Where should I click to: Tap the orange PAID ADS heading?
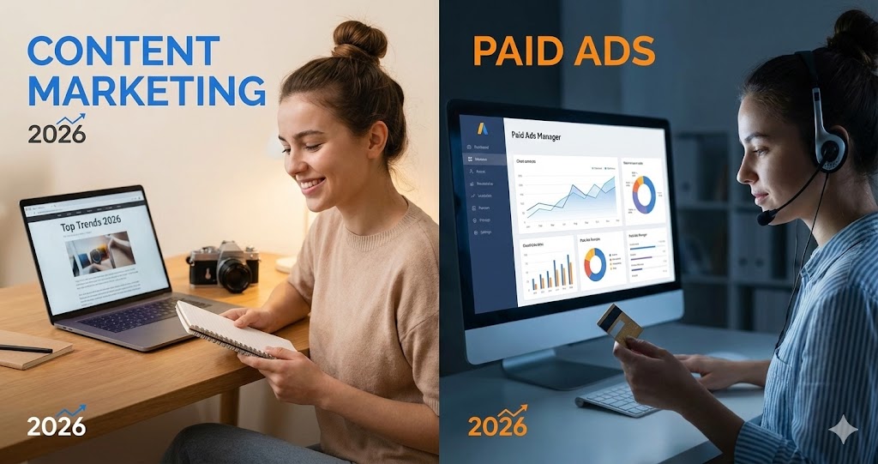point(564,51)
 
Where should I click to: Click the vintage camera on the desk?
point(224,265)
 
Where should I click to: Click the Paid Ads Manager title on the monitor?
point(536,136)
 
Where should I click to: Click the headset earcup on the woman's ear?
point(831,151)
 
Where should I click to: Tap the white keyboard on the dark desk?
point(622,397)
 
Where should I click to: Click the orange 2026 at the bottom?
point(497,425)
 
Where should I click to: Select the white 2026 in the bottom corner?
point(56,425)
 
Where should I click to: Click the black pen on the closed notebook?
point(26,349)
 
